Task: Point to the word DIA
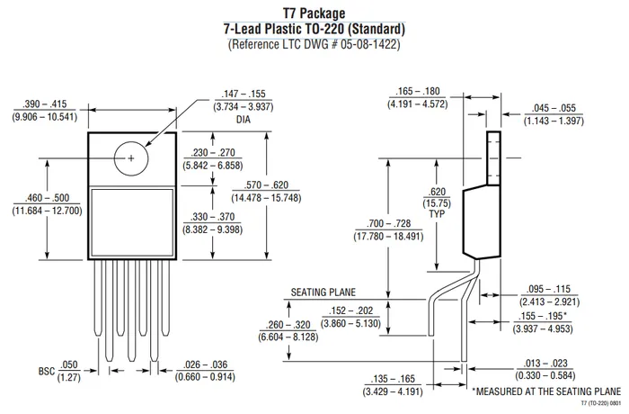click(x=244, y=119)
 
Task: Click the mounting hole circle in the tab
click(x=131, y=158)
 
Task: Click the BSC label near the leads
click(x=47, y=370)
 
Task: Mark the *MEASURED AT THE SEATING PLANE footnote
click(x=545, y=392)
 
